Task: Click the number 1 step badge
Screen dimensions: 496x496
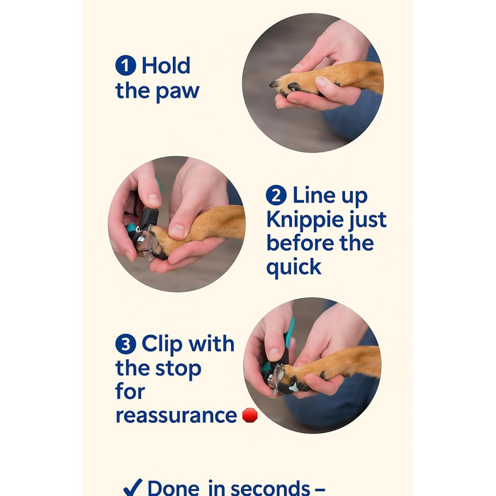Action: pyautogui.click(x=125, y=65)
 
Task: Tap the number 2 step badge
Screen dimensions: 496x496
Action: pyautogui.click(x=276, y=195)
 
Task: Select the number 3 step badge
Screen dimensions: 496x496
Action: pyautogui.click(x=125, y=344)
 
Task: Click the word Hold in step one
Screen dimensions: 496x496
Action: pyautogui.click(x=166, y=65)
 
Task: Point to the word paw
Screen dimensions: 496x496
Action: pyautogui.click(x=178, y=92)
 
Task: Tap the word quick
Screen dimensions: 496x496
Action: pyautogui.click(x=294, y=267)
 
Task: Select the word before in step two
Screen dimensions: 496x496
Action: pyautogui.click(x=300, y=243)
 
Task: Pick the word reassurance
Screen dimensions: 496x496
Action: pyautogui.click(x=176, y=416)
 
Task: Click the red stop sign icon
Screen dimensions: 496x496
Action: pyautogui.click(x=250, y=415)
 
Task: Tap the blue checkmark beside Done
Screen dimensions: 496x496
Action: pyautogui.click(x=133, y=487)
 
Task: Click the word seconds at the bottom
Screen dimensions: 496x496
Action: pyautogui.click(x=271, y=488)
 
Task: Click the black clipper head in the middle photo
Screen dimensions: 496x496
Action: pyautogui.click(x=148, y=218)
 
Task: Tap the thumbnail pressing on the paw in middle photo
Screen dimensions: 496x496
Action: pyautogui.click(x=177, y=230)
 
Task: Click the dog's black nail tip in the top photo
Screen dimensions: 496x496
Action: pyautogui.click(x=273, y=84)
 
